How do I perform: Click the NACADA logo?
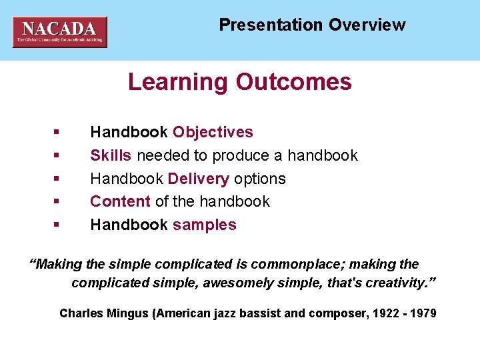59,31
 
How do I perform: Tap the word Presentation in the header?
271,25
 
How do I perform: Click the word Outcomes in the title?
293,82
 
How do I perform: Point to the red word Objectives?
213,132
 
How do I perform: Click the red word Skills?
111,155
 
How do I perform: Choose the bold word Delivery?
199,179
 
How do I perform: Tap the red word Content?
120,201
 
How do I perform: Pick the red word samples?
204,225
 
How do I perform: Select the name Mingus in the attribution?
127,313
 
